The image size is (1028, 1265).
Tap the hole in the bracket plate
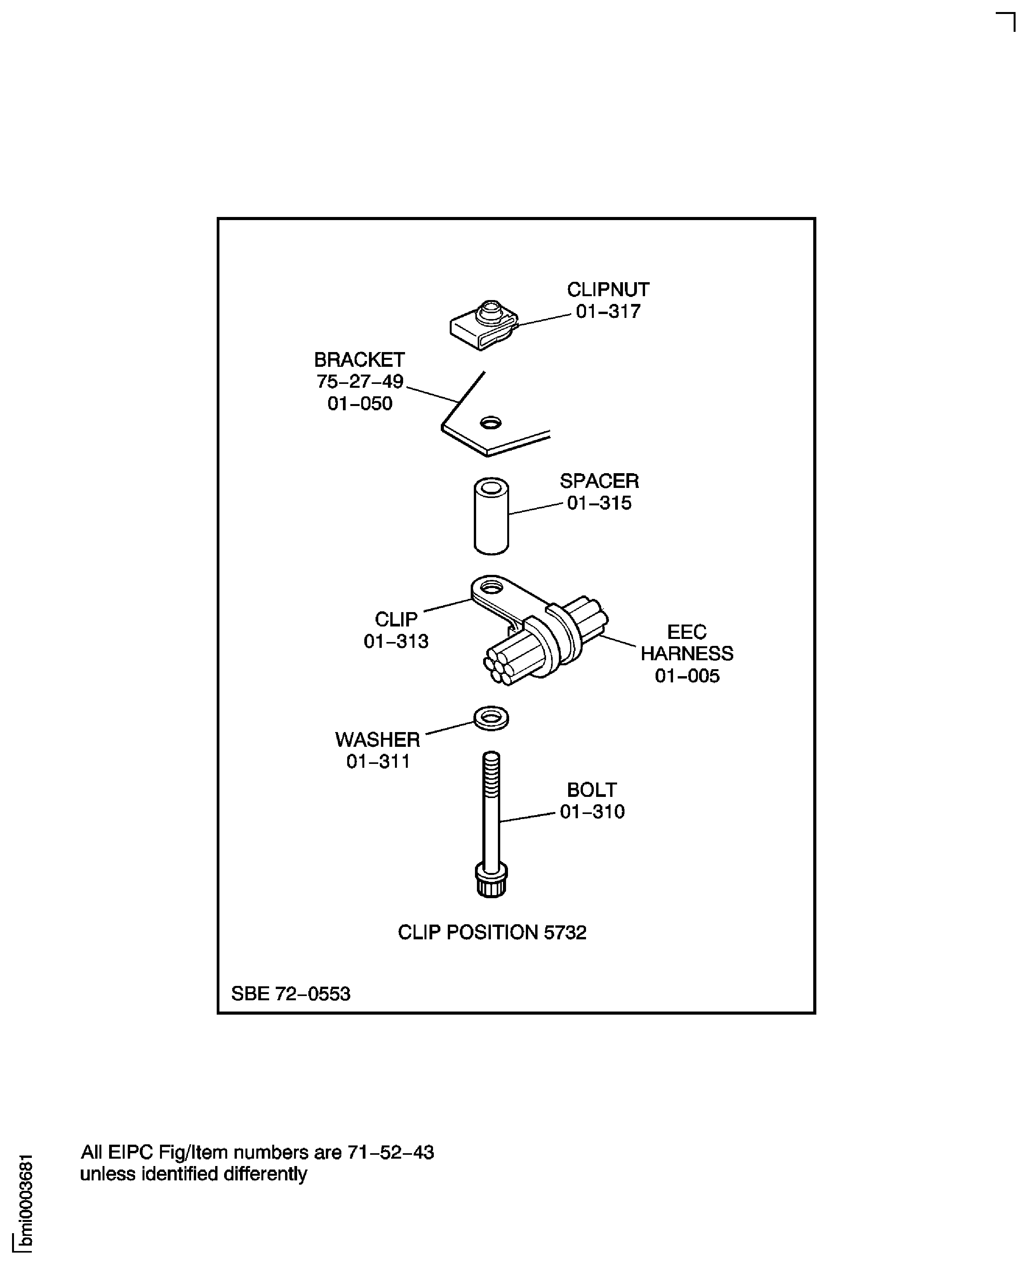(491, 423)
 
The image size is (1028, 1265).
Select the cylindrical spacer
(492, 516)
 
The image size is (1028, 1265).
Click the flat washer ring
(491, 718)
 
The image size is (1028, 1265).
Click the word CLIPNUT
(608, 290)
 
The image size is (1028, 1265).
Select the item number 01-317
(608, 311)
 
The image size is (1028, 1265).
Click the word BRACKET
(360, 359)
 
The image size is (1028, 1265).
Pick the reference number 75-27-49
(360, 381)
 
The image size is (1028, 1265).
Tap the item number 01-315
(599, 503)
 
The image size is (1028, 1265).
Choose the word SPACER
(599, 481)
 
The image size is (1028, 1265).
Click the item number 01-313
(396, 641)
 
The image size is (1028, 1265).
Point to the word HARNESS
(687, 654)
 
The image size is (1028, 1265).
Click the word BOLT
(592, 790)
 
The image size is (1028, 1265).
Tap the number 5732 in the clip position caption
(565, 932)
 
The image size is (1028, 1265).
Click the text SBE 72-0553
(291, 993)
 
